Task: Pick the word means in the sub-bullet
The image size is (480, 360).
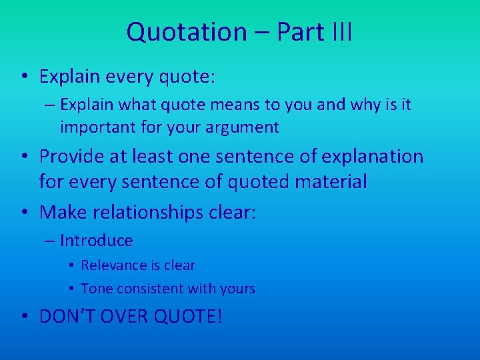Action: click(x=235, y=105)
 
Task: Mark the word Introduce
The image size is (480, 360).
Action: click(x=97, y=241)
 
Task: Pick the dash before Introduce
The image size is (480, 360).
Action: click(x=51, y=241)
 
